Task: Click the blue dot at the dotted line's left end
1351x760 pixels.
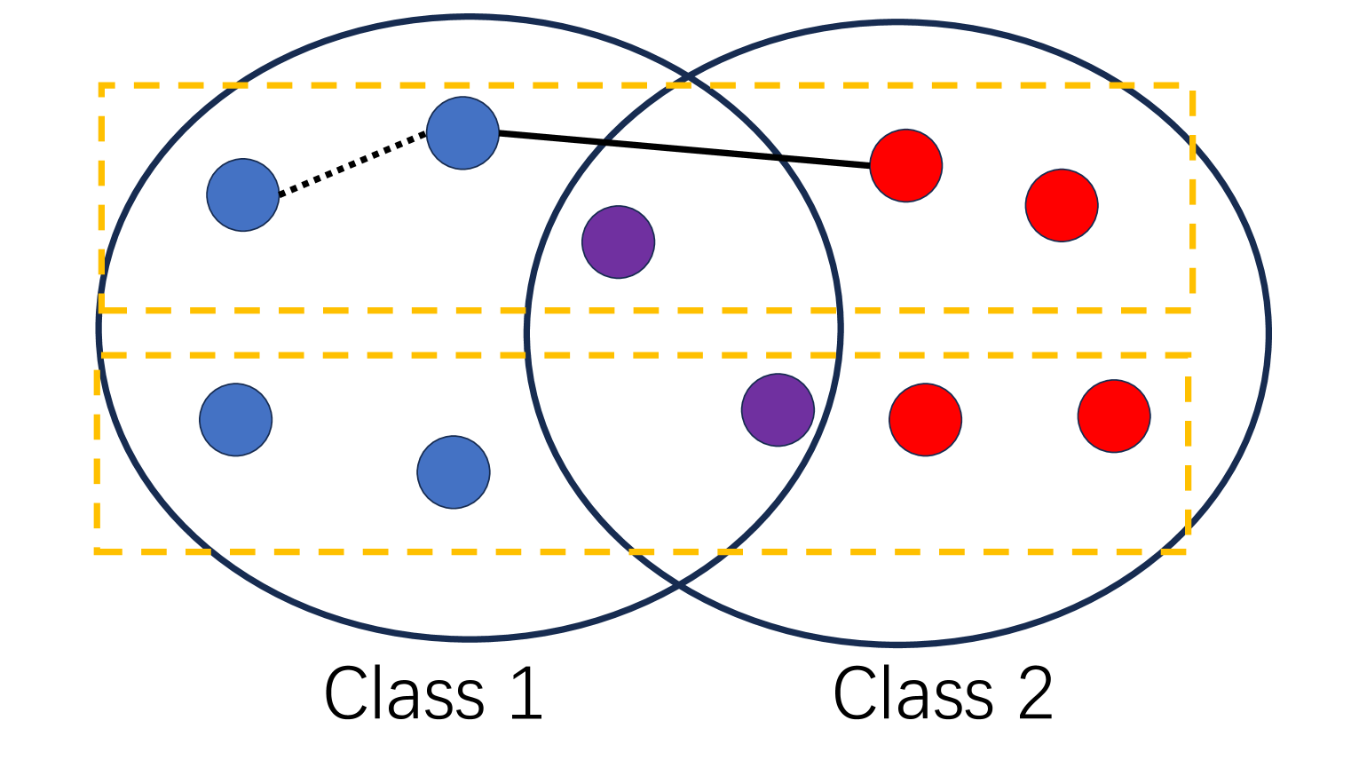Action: click(x=242, y=195)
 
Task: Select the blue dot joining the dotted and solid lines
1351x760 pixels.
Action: click(x=462, y=133)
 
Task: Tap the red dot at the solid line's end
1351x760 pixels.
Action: click(x=905, y=166)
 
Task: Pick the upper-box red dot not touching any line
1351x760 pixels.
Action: click(x=1062, y=205)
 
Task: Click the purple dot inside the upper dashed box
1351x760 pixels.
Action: click(x=618, y=242)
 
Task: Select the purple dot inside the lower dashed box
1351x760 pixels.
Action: click(x=778, y=410)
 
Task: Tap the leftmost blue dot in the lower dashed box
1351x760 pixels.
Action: click(x=235, y=420)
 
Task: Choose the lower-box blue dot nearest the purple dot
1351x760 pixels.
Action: click(x=454, y=472)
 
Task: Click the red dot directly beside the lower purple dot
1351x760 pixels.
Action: click(x=925, y=420)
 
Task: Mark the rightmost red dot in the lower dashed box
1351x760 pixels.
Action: click(x=1114, y=416)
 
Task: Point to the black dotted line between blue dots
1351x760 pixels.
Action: click(x=352, y=164)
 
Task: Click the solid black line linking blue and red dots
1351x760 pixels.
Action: click(x=683, y=149)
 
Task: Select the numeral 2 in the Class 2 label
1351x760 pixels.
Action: click(x=1035, y=693)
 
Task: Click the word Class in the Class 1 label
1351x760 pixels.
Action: click(x=404, y=693)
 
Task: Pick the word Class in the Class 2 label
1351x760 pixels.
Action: click(x=913, y=693)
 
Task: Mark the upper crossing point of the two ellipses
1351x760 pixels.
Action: click(x=686, y=78)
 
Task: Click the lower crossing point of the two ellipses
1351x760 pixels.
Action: click(x=679, y=584)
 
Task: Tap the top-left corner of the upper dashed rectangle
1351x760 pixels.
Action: click(x=102, y=86)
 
